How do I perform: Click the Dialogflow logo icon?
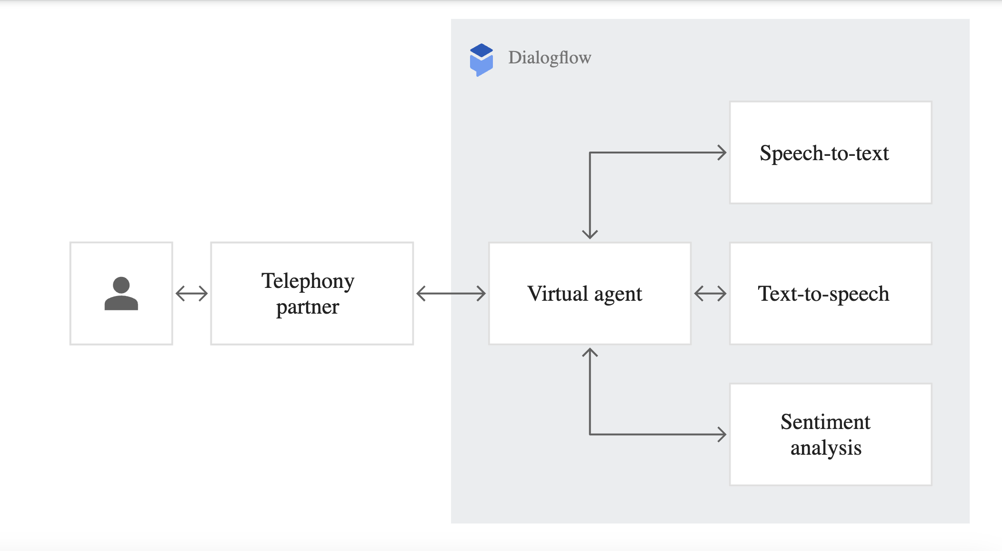coord(481,60)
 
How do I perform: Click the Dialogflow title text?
coord(550,58)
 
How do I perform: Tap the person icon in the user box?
coord(121,294)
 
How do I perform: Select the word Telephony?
coord(308,281)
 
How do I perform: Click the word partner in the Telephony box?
coord(308,307)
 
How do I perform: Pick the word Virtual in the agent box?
coord(558,294)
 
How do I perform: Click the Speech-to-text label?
coord(824,153)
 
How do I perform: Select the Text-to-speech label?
coord(823,294)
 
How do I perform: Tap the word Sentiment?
coord(825,422)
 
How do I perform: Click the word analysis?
coord(826,448)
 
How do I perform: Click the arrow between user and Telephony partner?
coord(191,294)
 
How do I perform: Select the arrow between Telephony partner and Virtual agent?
coord(451,294)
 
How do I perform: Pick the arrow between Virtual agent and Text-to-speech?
coord(710,294)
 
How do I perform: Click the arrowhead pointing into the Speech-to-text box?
coord(722,153)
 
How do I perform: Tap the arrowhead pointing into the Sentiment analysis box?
coord(722,434)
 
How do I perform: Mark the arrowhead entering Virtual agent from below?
coord(590,353)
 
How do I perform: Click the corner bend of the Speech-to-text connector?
coord(590,153)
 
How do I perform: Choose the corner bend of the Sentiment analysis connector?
coord(590,434)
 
